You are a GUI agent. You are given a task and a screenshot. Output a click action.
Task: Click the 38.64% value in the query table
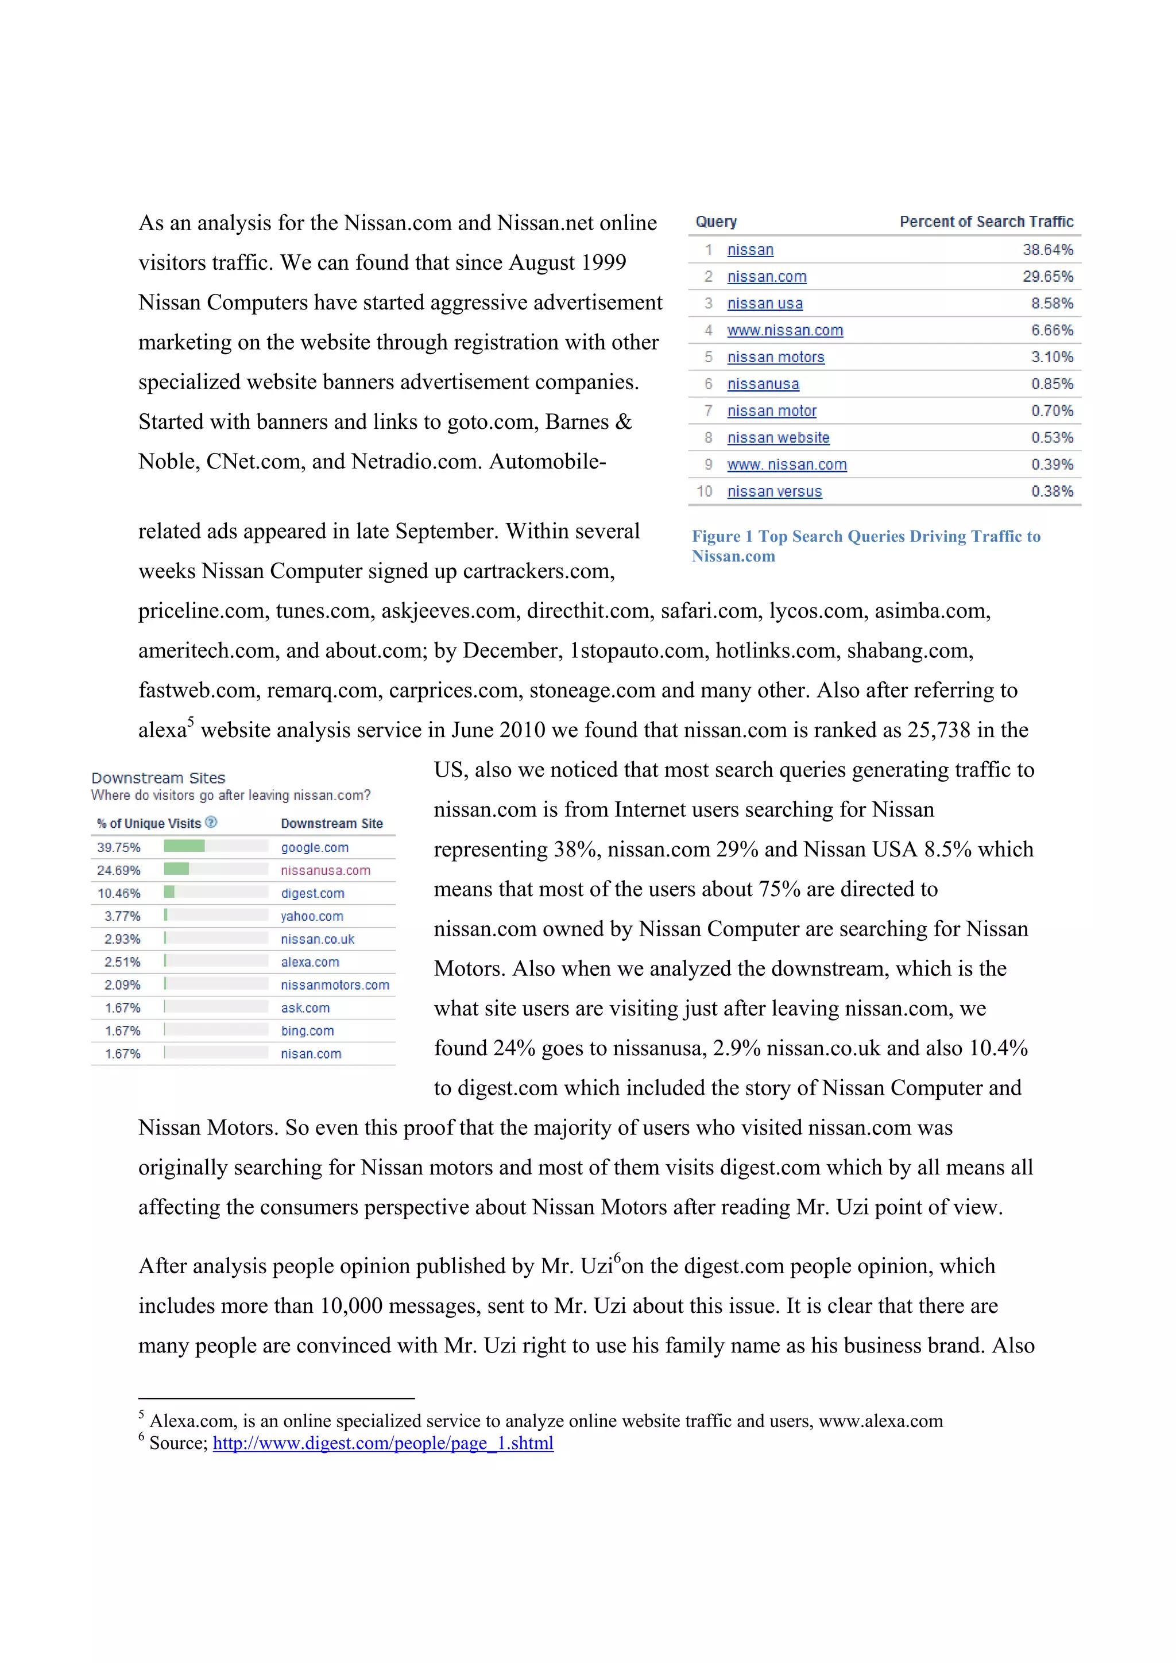[1047, 250]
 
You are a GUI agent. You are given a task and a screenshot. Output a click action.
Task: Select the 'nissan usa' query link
[764, 304]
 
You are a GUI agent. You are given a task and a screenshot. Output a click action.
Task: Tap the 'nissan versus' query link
[774, 492]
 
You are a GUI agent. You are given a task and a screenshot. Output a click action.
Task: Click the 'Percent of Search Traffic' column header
[985, 222]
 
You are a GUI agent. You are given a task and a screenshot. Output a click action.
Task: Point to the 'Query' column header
[716, 222]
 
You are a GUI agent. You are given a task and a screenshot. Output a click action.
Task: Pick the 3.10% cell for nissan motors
[1051, 357]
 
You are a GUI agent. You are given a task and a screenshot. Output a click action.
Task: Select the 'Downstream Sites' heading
[158, 778]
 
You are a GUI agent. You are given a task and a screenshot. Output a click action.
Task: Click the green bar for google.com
[184, 846]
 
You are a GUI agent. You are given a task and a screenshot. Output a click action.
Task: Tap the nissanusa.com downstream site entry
[326, 871]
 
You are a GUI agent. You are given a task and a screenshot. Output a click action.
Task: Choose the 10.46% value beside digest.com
[119, 893]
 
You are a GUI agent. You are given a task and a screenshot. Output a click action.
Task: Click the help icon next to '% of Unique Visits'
[211, 822]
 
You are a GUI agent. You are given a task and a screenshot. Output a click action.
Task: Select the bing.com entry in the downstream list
[307, 1030]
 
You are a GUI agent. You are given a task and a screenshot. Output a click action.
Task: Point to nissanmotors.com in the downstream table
[335, 985]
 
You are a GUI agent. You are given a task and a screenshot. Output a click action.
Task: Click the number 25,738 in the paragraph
[938, 730]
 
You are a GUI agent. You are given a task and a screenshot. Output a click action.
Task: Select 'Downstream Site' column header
[331, 824]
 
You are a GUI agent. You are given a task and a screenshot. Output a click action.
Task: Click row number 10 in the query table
[705, 492]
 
